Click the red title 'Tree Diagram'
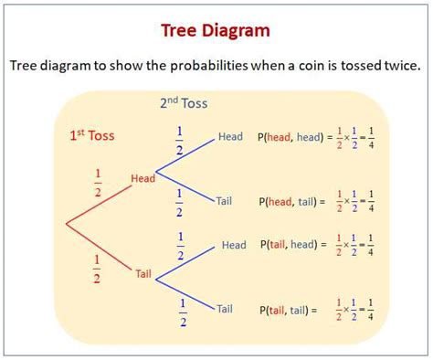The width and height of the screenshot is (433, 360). [x=216, y=30]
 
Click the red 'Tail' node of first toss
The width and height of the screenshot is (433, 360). [x=143, y=273]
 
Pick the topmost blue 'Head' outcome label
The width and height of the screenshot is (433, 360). [x=230, y=137]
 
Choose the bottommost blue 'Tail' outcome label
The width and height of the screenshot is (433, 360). [x=225, y=309]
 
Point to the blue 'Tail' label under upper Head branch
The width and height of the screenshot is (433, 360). [x=225, y=200]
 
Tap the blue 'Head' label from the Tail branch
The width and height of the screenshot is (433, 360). [x=234, y=245]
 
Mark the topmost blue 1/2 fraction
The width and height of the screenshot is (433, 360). [x=180, y=141]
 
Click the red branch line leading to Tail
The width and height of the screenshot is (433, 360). [x=100, y=249]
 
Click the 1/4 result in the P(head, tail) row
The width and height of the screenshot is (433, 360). [x=370, y=200]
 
